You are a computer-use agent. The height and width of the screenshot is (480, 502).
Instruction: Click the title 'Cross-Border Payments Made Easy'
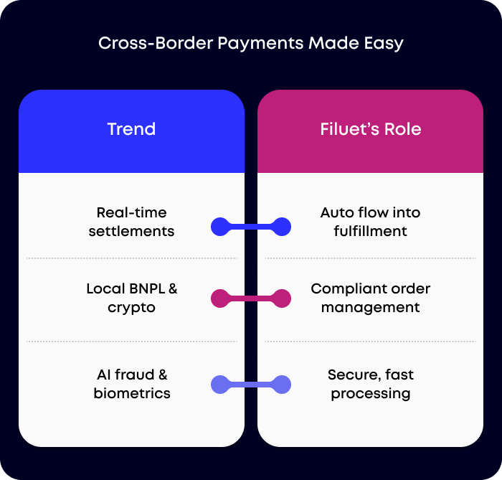tap(250, 43)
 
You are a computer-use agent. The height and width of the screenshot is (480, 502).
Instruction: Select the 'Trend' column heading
tap(131, 130)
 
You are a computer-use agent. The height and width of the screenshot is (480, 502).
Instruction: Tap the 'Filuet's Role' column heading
tap(370, 130)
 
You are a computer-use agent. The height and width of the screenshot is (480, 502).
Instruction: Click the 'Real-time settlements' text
tap(131, 222)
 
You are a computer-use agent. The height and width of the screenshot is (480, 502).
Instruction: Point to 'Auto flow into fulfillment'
tap(370, 222)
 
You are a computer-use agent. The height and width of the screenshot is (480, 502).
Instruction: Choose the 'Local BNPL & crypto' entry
tap(131, 298)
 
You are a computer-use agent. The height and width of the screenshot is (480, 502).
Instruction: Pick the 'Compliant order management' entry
tap(370, 298)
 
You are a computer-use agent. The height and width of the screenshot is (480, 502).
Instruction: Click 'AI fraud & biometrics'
tap(131, 384)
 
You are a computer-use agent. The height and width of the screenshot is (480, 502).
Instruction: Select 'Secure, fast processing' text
tap(370, 384)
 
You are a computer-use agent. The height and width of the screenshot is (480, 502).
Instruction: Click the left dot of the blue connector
tap(220, 227)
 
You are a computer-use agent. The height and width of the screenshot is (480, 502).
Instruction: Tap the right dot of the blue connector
tap(282, 227)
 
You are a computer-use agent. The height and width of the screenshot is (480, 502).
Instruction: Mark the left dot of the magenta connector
tap(220, 298)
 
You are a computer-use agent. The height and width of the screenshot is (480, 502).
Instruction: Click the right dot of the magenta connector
tap(282, 298)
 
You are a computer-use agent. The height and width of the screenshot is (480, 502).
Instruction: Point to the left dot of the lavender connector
tap(220, 385)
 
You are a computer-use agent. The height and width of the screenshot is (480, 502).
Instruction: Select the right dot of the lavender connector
tap(282, 385)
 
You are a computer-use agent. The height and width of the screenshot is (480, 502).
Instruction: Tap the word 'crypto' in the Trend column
tap(131, 308)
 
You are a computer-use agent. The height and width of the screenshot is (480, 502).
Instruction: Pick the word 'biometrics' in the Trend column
tap(131, 394)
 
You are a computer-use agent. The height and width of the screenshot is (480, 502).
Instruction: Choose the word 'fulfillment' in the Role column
tap(370, 232)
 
